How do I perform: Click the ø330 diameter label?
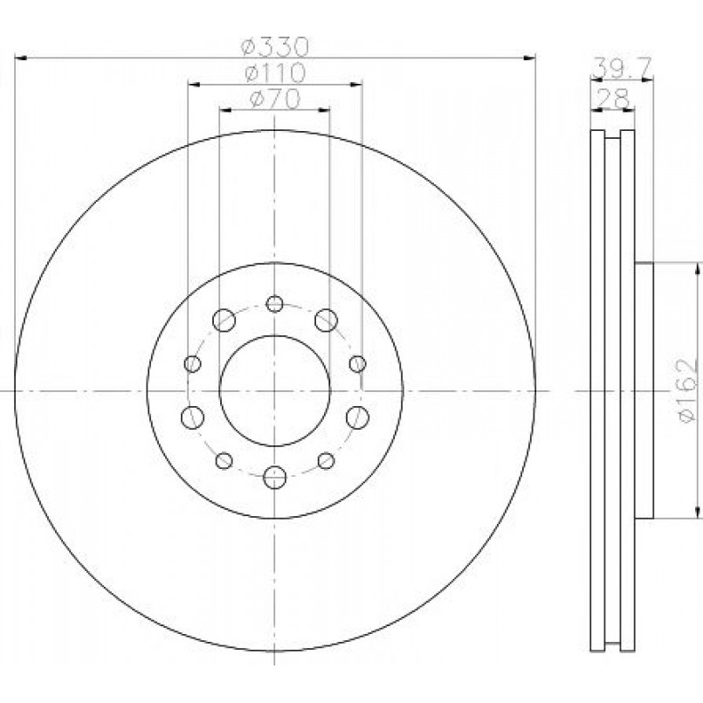coord(275,46)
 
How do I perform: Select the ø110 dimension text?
coord(275,72)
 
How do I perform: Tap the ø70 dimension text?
coord(274,99)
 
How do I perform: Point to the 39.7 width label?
coord(621,68)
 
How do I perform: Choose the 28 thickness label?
coord(614,98)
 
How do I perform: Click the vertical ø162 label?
coord(688,390)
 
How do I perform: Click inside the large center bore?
coord(275,391)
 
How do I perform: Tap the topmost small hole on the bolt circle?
coord(274,304)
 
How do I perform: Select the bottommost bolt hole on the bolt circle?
coord(274,478)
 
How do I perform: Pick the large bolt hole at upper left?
coord(224,320)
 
